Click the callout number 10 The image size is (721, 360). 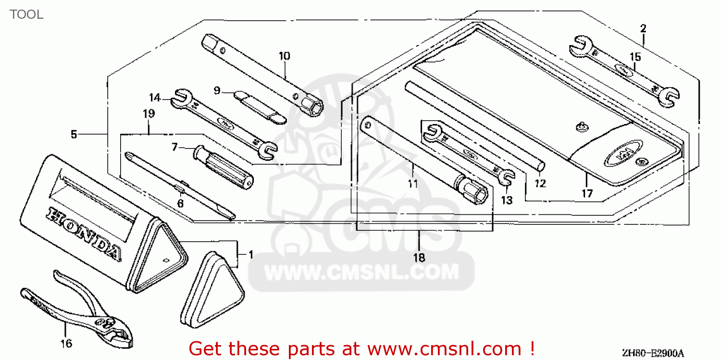(x=284, y=56)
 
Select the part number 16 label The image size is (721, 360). (x=66, y=343)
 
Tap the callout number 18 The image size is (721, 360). (x=419, y=258)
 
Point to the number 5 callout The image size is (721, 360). (x=74, y=135)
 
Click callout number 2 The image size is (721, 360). (x=643, y=29)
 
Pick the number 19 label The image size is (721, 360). (x=149, y=114)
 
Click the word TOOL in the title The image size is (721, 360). (x=26, y=14)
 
